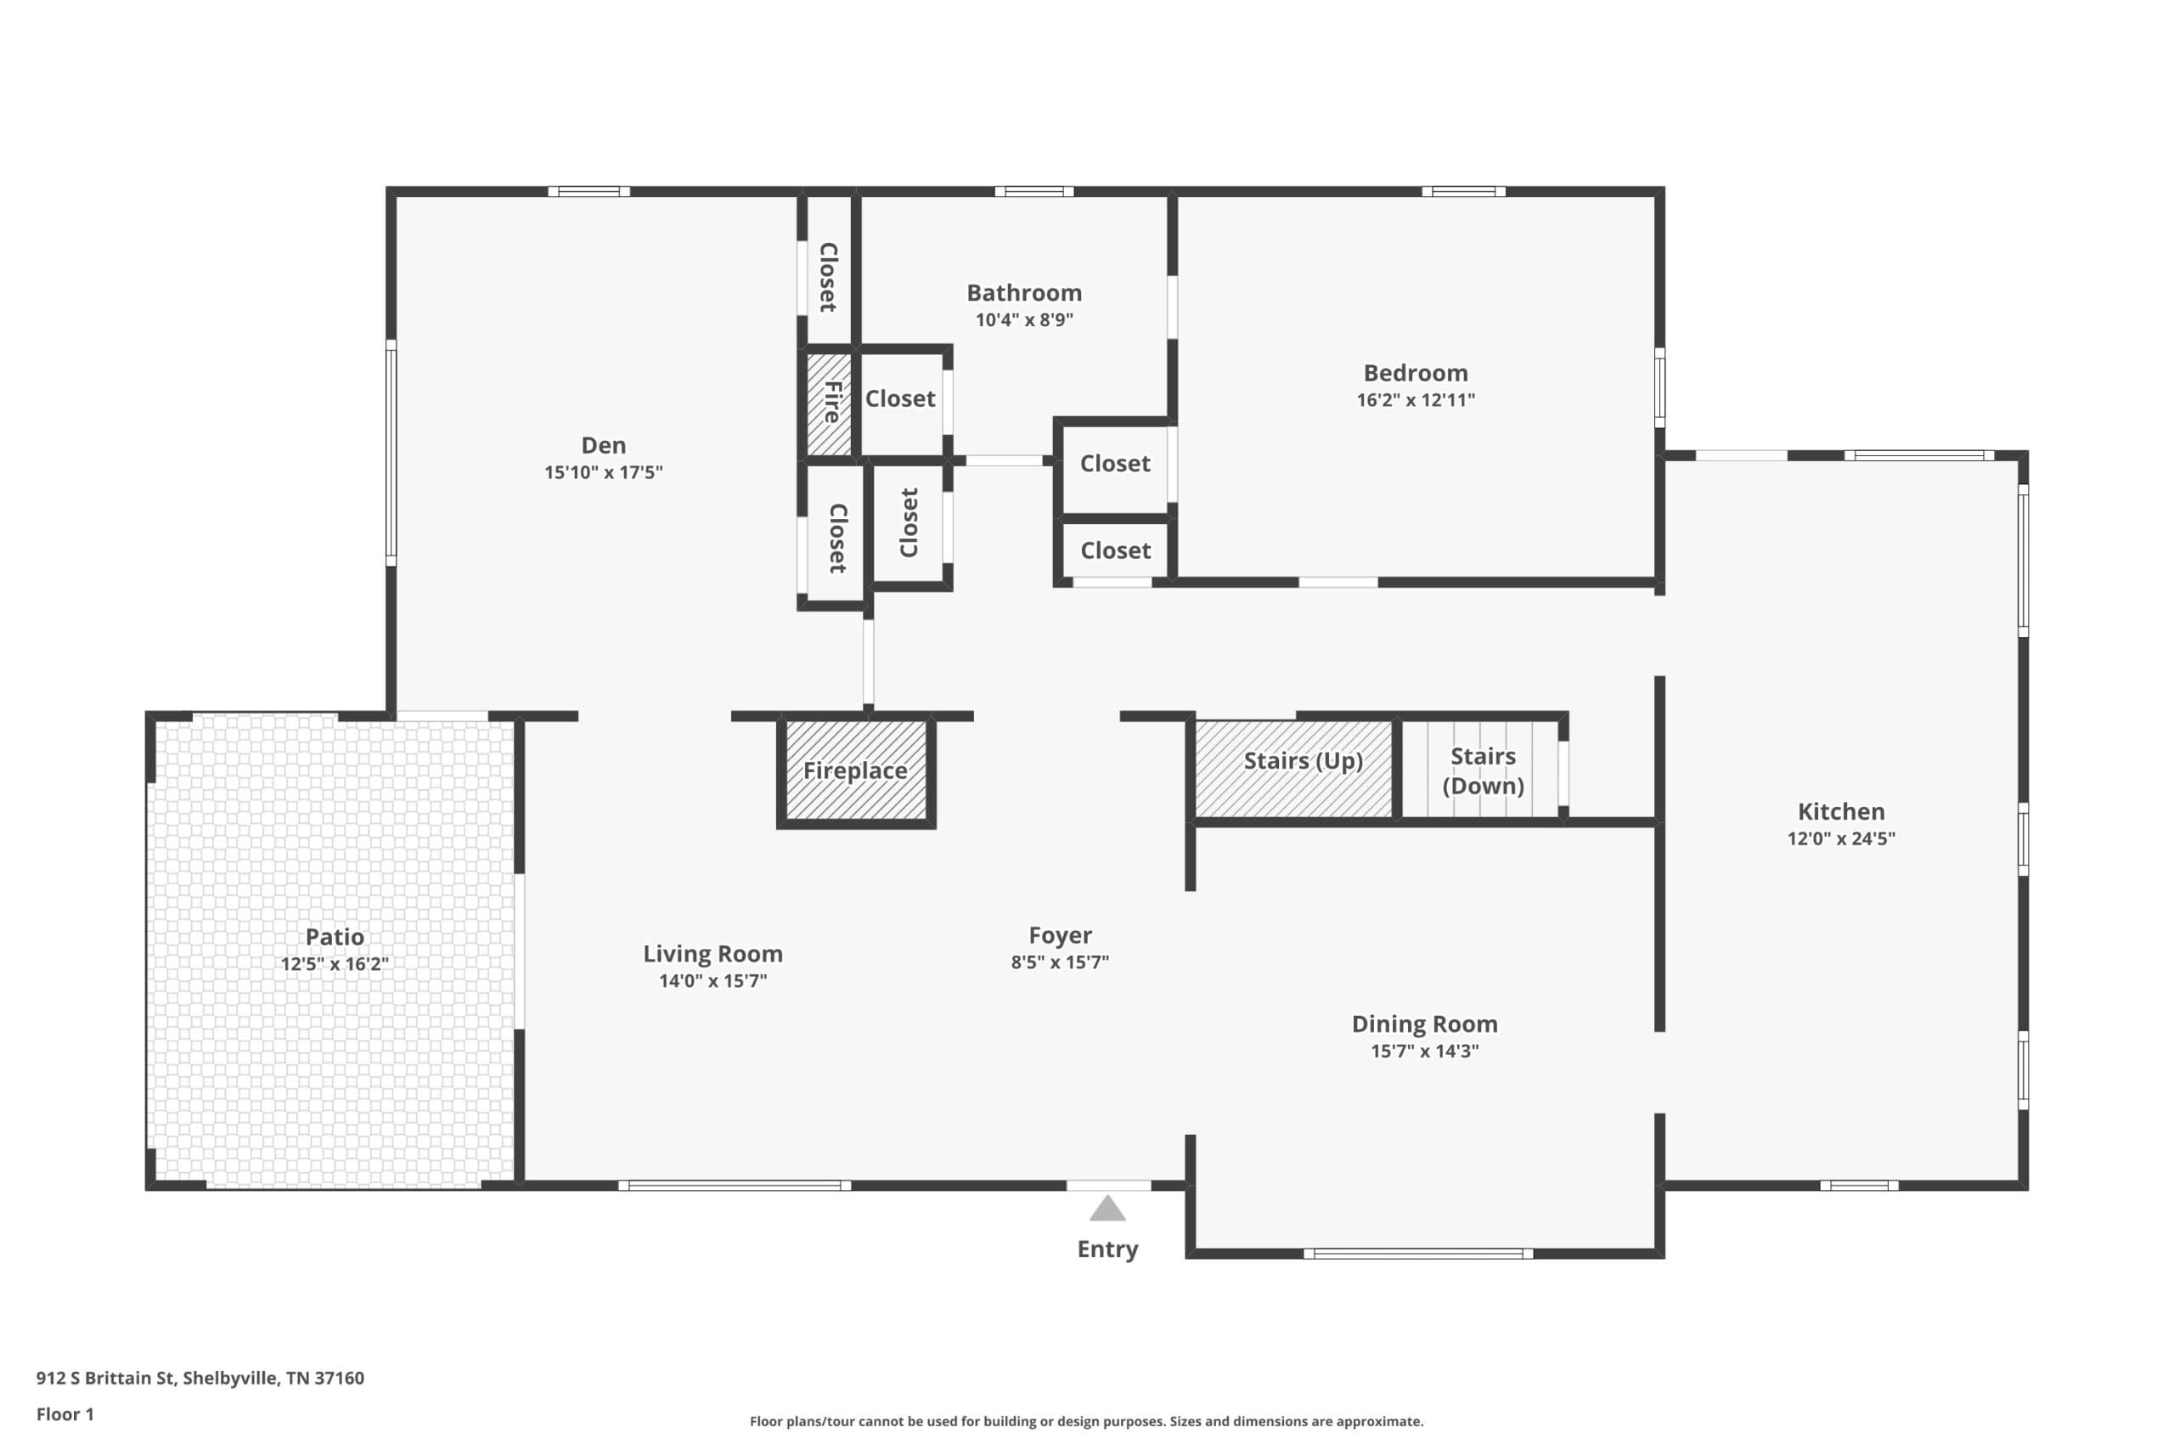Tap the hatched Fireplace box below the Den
pyautogui.click(x=856, y=770)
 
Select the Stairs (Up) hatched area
pyautogui.click(x=1294, y=770)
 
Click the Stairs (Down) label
pyautogui.click(x=1483, y=770)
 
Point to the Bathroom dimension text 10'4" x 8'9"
pyautogui.click(x=1024, y=320)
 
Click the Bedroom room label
pyautogui.click(x=1415, y=373)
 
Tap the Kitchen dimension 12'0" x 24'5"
pyautogui.click(x=1840, y=838)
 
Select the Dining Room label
pyautogui.click(x=1424, y=1024)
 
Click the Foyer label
pyautogui.click(x=1060, y=935)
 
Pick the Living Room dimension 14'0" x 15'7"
pyautogui.click(x=712, y=980)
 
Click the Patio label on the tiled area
pyautogui.click(x=335, y=937)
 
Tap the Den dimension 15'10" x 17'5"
pyautogui.click(x=603, y=472)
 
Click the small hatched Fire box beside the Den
pyautogui.click(x=829, y=404)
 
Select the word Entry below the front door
pyautogui.click(x=1107, y=1250)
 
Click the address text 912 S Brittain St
pyautogui.click(x=105, y=1378)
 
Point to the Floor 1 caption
pyautogui.click(x=65, y=1414)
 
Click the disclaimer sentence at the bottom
pyautogui.click(x=1086, y=1421)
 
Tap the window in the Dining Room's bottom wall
pyautogui.click(x=1418, y=1254)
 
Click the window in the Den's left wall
pyautogui.click(x=391, y=452)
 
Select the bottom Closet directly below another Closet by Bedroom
pyautogui.click(x=1115, y=551)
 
